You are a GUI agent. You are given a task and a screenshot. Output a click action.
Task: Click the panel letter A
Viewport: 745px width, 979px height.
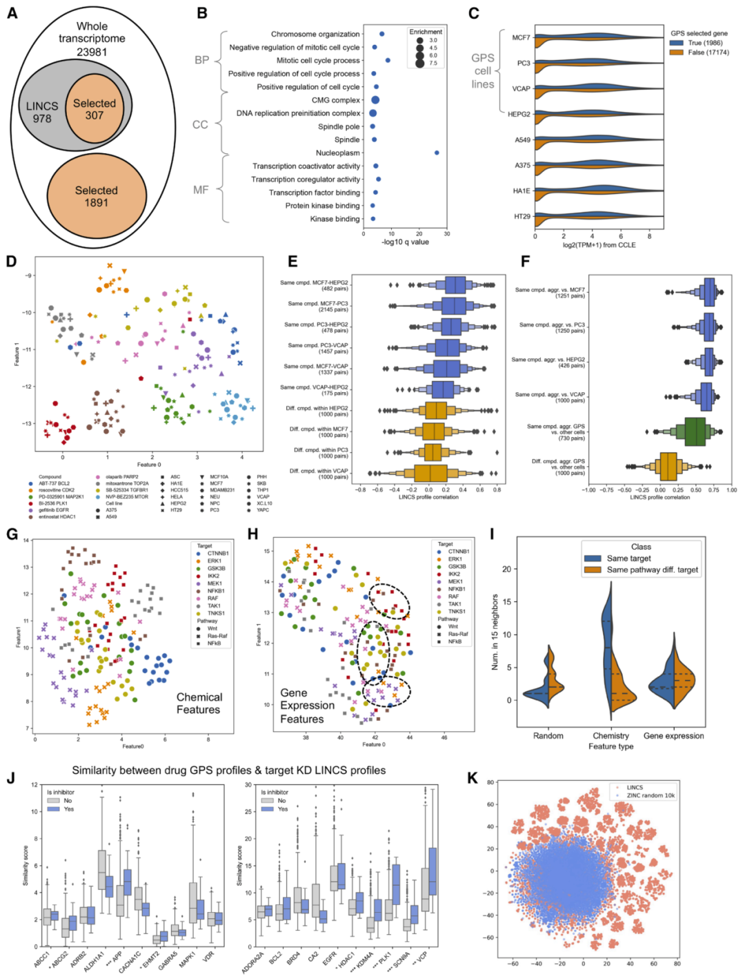[12, 12]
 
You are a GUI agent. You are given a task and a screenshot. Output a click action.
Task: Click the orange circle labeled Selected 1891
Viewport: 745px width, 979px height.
[97, 197]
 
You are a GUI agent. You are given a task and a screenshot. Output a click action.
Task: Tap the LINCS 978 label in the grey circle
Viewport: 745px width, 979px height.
[42, 112]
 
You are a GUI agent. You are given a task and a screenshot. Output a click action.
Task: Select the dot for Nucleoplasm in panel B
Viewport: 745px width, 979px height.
[437, 153]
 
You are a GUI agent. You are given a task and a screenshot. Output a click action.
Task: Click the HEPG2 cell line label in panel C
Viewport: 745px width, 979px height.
[519, 114]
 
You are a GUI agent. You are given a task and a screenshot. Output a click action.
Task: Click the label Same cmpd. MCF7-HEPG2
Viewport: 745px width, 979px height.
[314, 283]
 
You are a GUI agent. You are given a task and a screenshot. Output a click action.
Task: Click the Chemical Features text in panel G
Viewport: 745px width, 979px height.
[199, 704]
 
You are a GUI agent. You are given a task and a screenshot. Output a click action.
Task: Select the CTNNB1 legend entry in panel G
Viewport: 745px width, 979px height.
[217, 553]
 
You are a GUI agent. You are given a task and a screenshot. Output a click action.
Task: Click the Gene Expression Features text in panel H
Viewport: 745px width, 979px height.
[307, 706]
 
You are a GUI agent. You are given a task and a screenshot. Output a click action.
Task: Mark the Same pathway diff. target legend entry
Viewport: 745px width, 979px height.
[652, 570]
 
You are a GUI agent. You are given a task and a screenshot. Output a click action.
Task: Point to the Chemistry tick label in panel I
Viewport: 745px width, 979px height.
[610, 736]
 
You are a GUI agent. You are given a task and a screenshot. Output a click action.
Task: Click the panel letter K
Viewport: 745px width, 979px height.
[473, 778]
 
